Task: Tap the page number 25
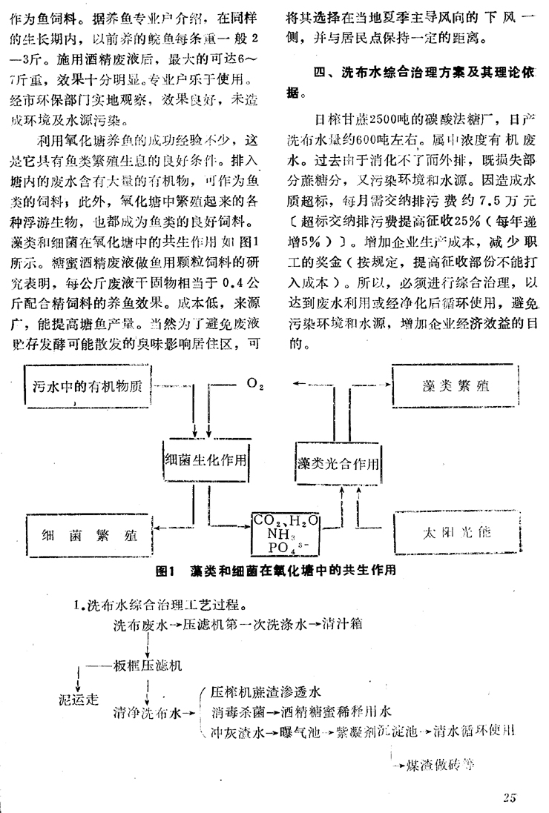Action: pyautogui.click(x=509, y=797)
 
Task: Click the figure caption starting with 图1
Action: pyautogui.click(x=282, y=571)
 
